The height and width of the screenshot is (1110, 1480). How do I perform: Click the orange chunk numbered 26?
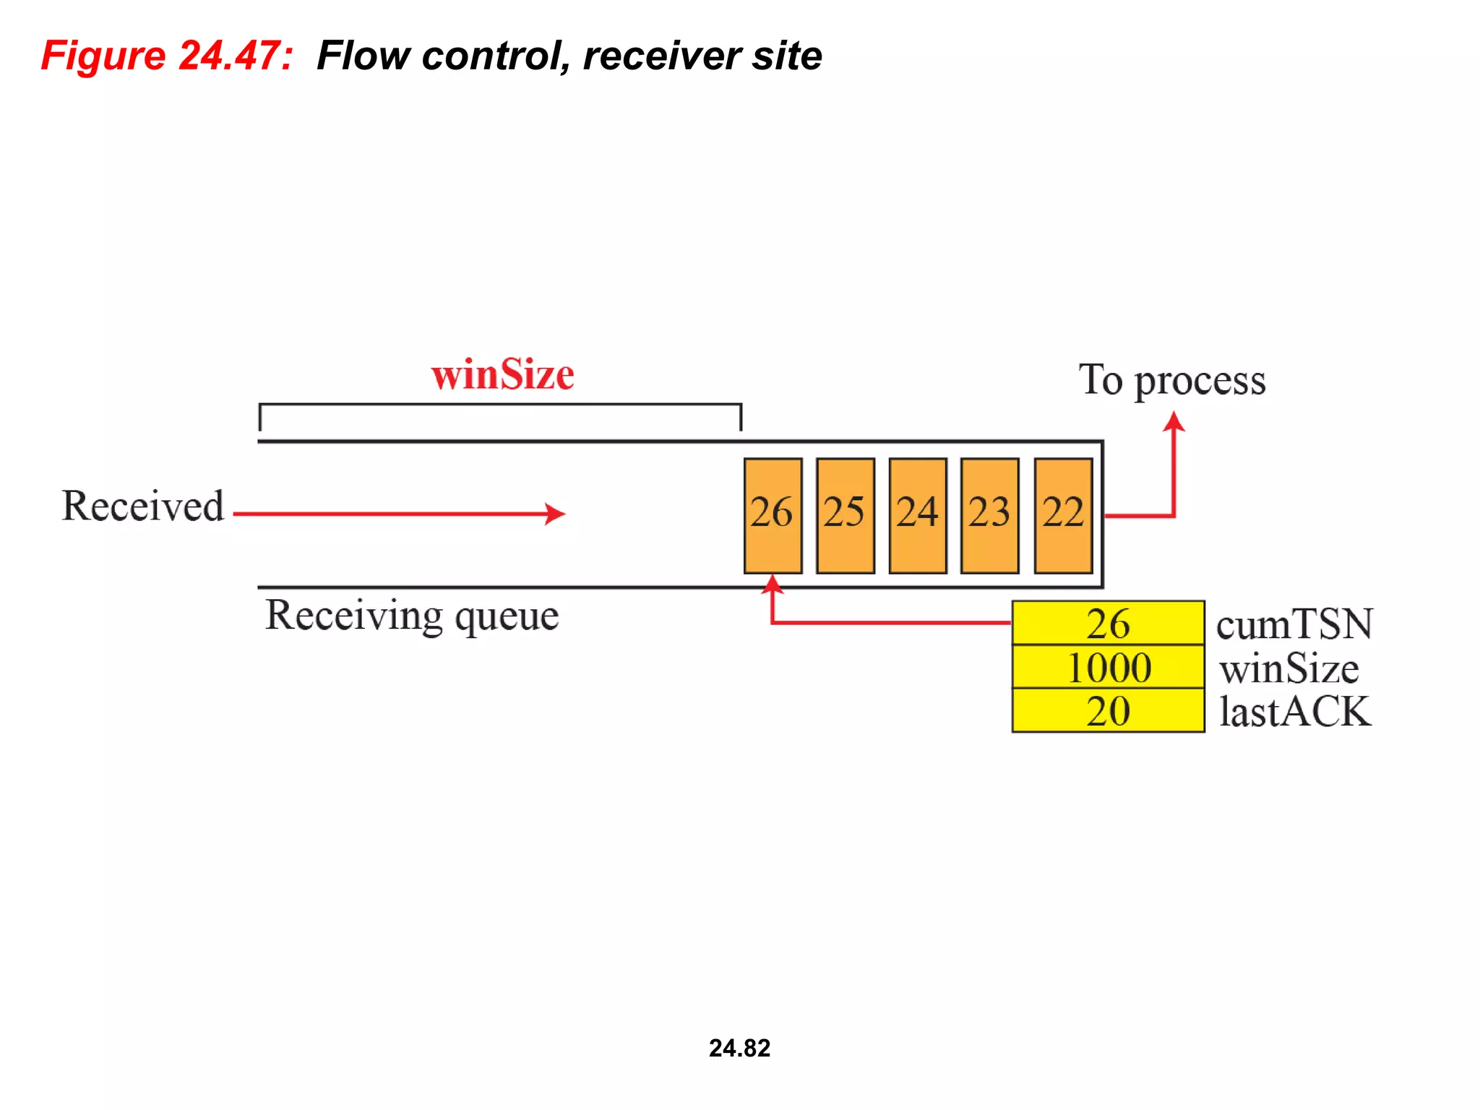point(773,515)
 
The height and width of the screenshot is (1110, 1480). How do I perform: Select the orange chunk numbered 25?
point(845,515)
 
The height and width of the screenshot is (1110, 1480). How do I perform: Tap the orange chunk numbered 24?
point(917,515)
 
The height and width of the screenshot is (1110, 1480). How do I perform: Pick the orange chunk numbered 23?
point(989,515)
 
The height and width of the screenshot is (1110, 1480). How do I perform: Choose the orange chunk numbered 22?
point(1062,515)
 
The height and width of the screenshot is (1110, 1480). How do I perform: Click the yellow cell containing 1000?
point(1108,667)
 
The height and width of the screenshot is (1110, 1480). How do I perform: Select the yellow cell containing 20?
point(1108,711)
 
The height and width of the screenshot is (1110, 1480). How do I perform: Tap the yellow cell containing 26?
point(1108,623)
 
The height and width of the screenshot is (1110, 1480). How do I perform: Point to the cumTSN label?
point(1294,624)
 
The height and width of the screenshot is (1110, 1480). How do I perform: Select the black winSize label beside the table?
point(1289,668)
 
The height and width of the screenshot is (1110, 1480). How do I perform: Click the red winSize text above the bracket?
point(502,375)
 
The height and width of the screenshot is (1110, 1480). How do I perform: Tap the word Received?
point(143,506)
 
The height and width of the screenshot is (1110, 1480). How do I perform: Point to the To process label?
point(1172,381)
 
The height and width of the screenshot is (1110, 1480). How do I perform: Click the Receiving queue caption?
point(412,616)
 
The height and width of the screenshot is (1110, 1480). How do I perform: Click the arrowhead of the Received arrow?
point(555,514)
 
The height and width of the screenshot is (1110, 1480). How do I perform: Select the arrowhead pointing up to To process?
point(1174,421)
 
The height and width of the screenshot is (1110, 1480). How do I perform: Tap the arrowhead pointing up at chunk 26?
point(773,584)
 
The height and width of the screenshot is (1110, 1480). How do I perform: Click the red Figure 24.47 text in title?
point(167,56)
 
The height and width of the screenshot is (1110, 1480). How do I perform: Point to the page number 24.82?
point(739,1048)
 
